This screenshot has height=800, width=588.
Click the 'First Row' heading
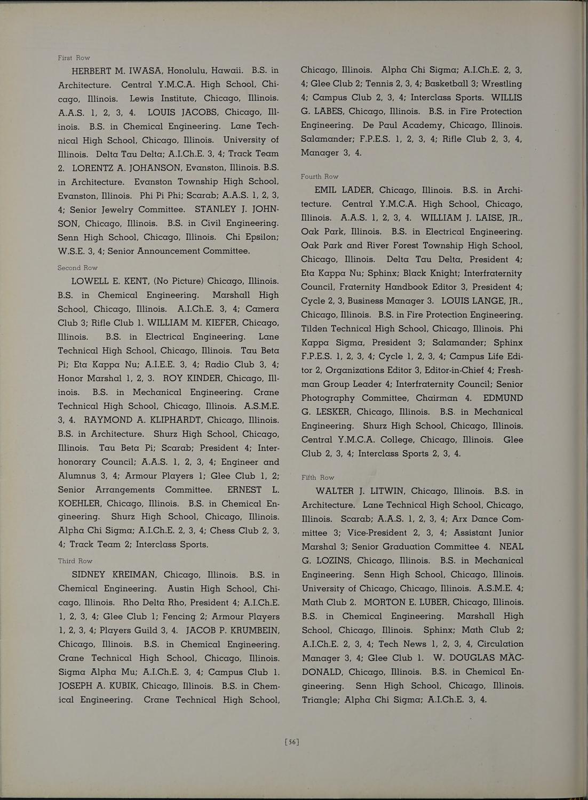tap(74, 58)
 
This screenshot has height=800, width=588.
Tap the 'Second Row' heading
tap(77, 268)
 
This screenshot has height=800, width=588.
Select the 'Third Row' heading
tap(75, 561)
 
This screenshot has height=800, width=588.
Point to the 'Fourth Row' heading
tap(319, 177)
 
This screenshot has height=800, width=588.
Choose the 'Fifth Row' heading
tap(318, 477)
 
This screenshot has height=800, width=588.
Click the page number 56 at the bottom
tap(292, 741)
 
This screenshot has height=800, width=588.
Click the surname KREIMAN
tap(129, 575)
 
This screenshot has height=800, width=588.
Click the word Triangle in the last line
tap(321, 699)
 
